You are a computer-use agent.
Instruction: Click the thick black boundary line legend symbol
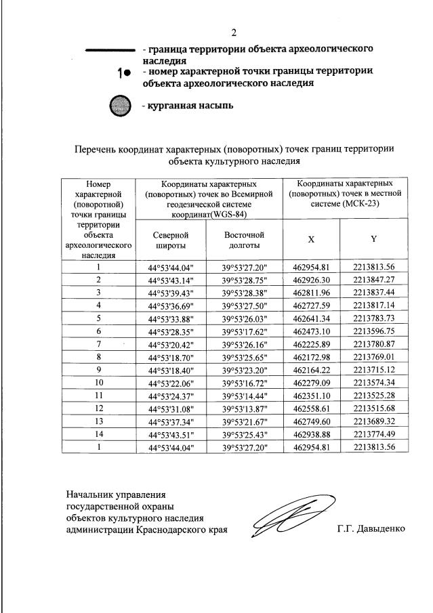pyautogui.click(x=109, y=50)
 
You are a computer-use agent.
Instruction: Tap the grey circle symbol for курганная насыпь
pyautogui.click(x=120, y=106)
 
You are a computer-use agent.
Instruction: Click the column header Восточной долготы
pyautogui.click(x=244, y=240)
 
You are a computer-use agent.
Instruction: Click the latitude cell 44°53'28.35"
pyautogui.click(x=170, y=331)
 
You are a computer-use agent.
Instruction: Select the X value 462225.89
pyautogui.click(x=311, y=344)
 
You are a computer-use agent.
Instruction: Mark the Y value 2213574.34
pyautogui.click(x=373, y=383)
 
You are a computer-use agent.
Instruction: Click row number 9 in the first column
pyautogui.click(x=98, y=370)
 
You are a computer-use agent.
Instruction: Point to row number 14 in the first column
pyautogui.click(x=98, y=434)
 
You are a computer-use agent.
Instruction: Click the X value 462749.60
pyautogui.click(x=311, y=421)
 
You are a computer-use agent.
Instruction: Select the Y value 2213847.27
pyautogui.click(x=373, y=280)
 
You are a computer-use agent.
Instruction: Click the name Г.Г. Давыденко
pyautogui.click(x=370, y=530)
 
